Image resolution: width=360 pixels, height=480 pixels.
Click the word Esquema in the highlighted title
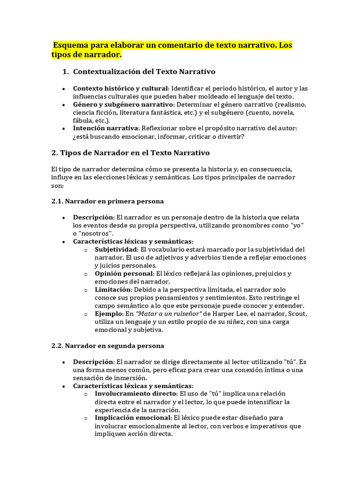click(x=72, y=46)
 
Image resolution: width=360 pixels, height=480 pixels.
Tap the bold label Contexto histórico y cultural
click(x=120, y=88)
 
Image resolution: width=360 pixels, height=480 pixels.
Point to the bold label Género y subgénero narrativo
click(x=123, y=105)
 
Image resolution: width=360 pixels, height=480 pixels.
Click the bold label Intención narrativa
click(x=105, y=128)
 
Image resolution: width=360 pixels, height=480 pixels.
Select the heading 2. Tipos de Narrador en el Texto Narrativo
click(x=130, y=153)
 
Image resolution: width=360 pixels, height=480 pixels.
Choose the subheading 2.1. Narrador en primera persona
click(x=107, y=201)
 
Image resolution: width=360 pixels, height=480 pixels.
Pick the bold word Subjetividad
click(x=116, y=249)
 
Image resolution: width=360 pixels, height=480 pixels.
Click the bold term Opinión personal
click(x=124, y=273)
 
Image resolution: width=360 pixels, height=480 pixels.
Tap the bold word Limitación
click(x=113, y=290)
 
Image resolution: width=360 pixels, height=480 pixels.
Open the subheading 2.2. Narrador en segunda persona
click(x=107, y=346)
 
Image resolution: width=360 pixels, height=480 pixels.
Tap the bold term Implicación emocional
click(x=133, y=418)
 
